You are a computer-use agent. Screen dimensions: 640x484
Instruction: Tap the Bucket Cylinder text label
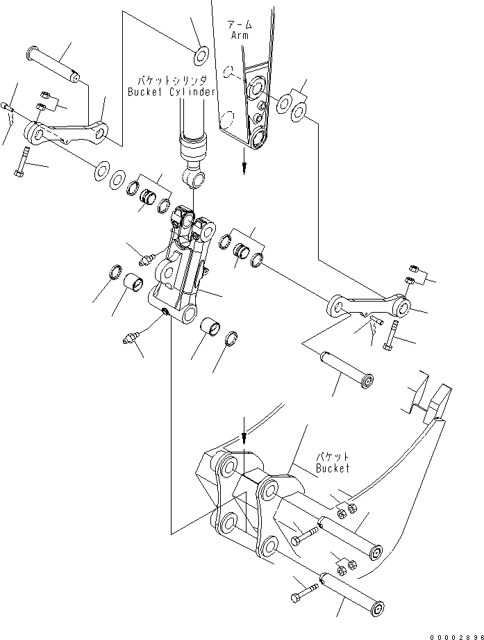(172, 92)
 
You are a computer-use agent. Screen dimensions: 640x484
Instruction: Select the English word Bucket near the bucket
(333, 468)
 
